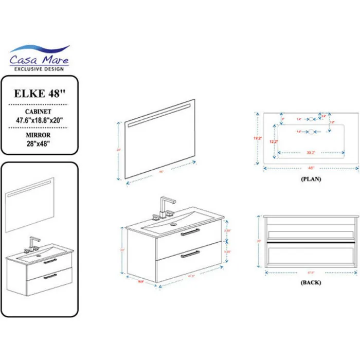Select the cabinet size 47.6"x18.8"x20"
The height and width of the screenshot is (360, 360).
[x=39, y=120]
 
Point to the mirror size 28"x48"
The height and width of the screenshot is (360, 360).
[x=39, y=142]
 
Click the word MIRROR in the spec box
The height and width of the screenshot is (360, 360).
[x=39, y=135]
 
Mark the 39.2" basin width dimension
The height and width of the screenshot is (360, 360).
[x=311, y=152]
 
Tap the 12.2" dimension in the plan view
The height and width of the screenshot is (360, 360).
[x=274, y=141]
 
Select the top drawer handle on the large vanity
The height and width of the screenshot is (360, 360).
[x=189, y=232]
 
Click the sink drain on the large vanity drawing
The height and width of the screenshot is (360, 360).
[x=173, y=224]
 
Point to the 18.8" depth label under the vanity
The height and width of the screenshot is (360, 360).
[x=140, y=281]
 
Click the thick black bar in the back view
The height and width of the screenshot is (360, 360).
[x=310, y=240]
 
